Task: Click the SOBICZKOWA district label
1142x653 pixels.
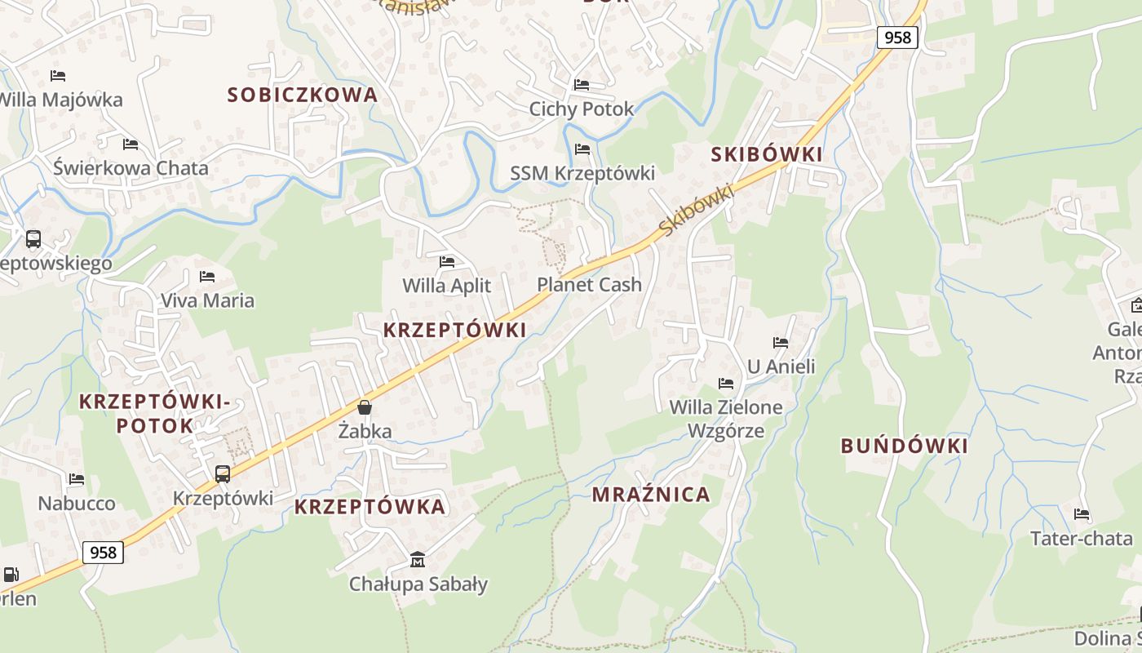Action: tap(303, 95)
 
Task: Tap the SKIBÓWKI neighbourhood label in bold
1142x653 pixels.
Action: tap(767, 154)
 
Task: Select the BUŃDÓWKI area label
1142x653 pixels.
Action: tap(905, 446)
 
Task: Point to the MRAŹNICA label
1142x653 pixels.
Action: tap(651, 494)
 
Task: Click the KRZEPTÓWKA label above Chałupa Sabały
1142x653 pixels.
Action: tap(370, 506)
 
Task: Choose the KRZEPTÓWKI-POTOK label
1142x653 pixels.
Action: tap(154, 413)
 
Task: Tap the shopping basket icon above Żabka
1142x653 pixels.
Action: tap(365, 406)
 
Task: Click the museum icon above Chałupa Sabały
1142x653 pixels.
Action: tap(418, 559)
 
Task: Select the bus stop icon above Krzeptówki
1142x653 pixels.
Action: tap(222, 473)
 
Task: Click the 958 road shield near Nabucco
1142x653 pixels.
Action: tap(103, 553)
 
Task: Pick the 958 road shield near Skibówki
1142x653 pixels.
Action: tap(897, 37)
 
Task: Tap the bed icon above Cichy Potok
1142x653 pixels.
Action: tap(582, 84)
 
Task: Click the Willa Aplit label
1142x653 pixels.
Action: tap(447, 285)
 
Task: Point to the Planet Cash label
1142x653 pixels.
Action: tap(589, 284)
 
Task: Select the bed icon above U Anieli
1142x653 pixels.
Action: tap(781, 342)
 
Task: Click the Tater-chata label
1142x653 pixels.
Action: tap(1081, 538)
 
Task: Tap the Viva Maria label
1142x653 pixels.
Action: tap(207, 300)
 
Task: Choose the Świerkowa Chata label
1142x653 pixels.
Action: tap(131, 168)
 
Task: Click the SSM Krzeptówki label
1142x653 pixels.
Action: tap(582, 173)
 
